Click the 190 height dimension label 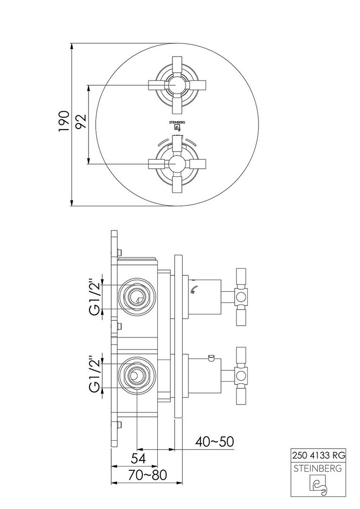point(64,122)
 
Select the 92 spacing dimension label point(82,122)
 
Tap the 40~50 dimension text point(214,442)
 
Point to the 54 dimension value point(139,458)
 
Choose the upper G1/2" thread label point(94,296)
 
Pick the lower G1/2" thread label point(94,376)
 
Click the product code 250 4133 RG point(318,455)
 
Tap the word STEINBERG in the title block point(318,468)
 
